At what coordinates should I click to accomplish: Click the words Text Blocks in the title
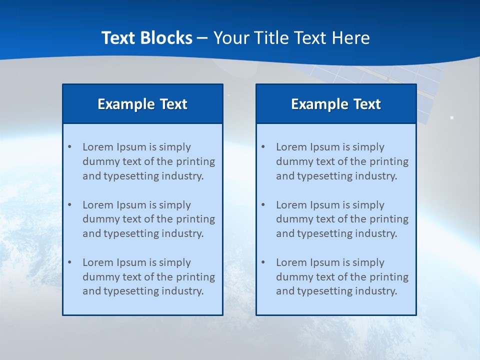coord(146,38)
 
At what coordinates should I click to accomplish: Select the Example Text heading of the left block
coord(142,104)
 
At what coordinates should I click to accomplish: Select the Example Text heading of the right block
coord(336,104)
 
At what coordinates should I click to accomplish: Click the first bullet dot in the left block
coord(69,147)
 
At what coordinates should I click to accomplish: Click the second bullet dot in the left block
coord(69,205)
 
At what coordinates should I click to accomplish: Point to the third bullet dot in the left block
coord(69,262)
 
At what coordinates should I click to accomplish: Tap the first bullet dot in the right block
coord(263,147)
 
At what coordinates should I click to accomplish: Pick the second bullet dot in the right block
coord(263,205)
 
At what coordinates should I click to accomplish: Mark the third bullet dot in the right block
coord(263,262)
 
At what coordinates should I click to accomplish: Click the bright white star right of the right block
coord(451,117)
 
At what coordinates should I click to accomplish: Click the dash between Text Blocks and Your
coord(202,38)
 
